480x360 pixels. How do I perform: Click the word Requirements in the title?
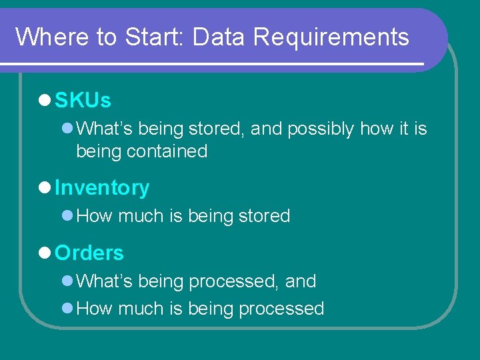tap(331, 37)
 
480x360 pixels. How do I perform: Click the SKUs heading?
tap(83, 101)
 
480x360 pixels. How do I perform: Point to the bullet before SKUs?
tap(45, 101)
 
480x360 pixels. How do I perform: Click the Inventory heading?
tap(102, 188)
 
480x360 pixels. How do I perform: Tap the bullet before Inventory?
tap(45, 188)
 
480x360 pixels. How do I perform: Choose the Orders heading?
tap(89, 253)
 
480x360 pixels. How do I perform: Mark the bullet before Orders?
tap(45, 253)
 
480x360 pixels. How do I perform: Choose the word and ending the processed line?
tap(301, 281)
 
